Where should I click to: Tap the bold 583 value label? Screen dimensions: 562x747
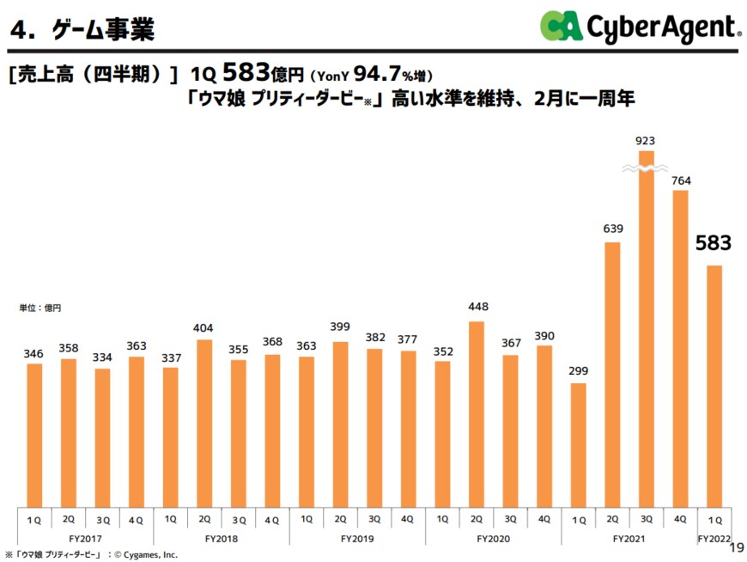[714, 243]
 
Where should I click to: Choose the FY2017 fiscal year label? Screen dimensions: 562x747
[86, 538]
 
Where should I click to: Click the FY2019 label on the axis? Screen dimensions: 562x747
[357, 538]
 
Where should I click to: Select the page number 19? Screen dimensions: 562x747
[735, 547]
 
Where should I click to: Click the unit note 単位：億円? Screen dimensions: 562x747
[41, 307]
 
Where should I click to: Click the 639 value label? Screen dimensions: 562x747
[613, 228]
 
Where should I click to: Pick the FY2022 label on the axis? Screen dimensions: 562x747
[714, 538]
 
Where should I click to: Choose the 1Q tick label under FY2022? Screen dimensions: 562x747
[714, 520]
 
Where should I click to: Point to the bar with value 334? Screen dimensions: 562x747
[102, 437]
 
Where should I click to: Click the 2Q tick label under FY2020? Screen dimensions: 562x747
[477, 519]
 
